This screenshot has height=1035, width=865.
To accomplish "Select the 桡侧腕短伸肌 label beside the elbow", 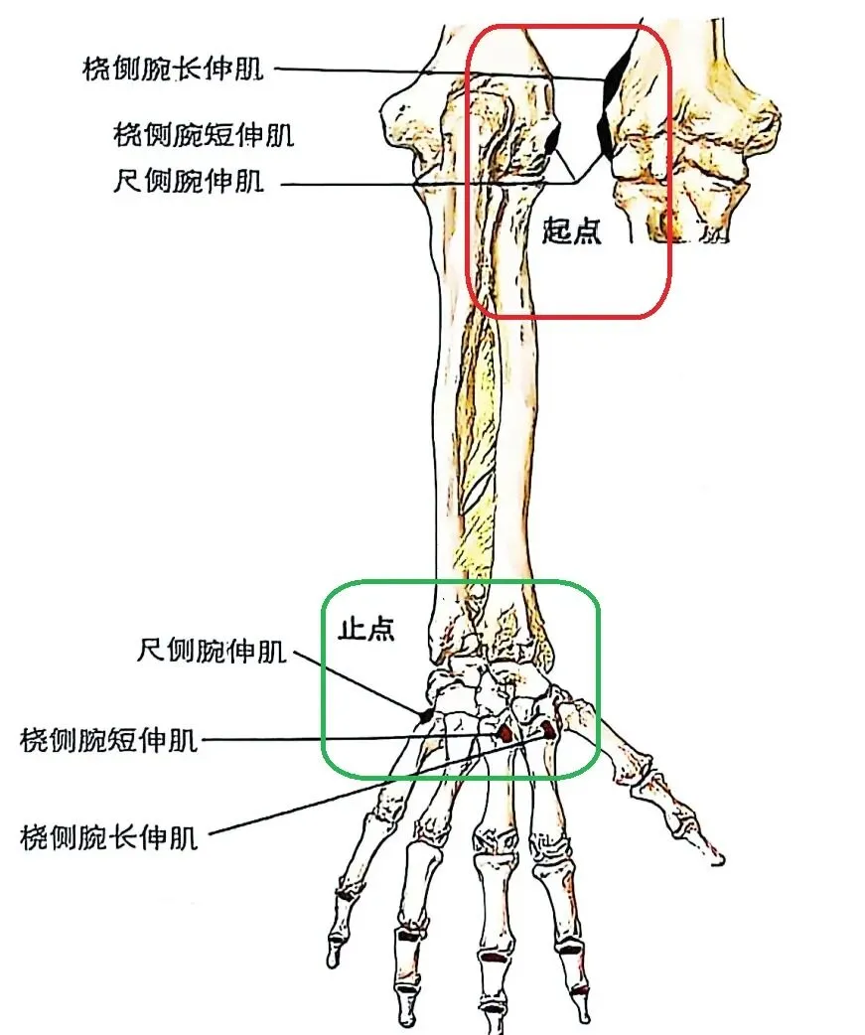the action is pyautogui.click(x=204, y=133).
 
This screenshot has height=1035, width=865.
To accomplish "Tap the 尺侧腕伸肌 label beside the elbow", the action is pyautogui.click(x=189, y=182).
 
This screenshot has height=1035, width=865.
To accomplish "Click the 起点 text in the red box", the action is pyautogui.click(x=572, y=231).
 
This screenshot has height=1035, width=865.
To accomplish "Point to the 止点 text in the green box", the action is pyautogui.click(x=366, y=630).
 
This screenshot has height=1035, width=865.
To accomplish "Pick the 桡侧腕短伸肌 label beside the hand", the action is pyautogui.click(x=109, y=740).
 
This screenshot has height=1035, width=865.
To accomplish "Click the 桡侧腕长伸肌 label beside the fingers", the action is pyautogui.click(x=109, y=837).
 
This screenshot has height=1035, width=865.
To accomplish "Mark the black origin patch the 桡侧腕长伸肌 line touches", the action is pyautogui.click(x=615, y=79).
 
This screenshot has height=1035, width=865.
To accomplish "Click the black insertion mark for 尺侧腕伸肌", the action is pyautogui.click(x=424, y=714).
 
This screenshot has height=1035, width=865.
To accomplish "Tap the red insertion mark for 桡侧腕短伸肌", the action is pyautogui.click(x=505, y=733).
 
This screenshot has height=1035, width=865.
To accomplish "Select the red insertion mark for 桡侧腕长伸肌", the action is pyautogui.click(x=547, y=730).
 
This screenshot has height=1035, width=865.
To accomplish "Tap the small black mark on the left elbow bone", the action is pyautogui.click(x=551, y=139).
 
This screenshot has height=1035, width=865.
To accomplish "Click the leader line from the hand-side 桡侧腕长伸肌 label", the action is pyautogui.click(x=377, y=784).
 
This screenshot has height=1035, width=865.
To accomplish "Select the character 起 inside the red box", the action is pyautogui.click(x=557, y=231).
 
